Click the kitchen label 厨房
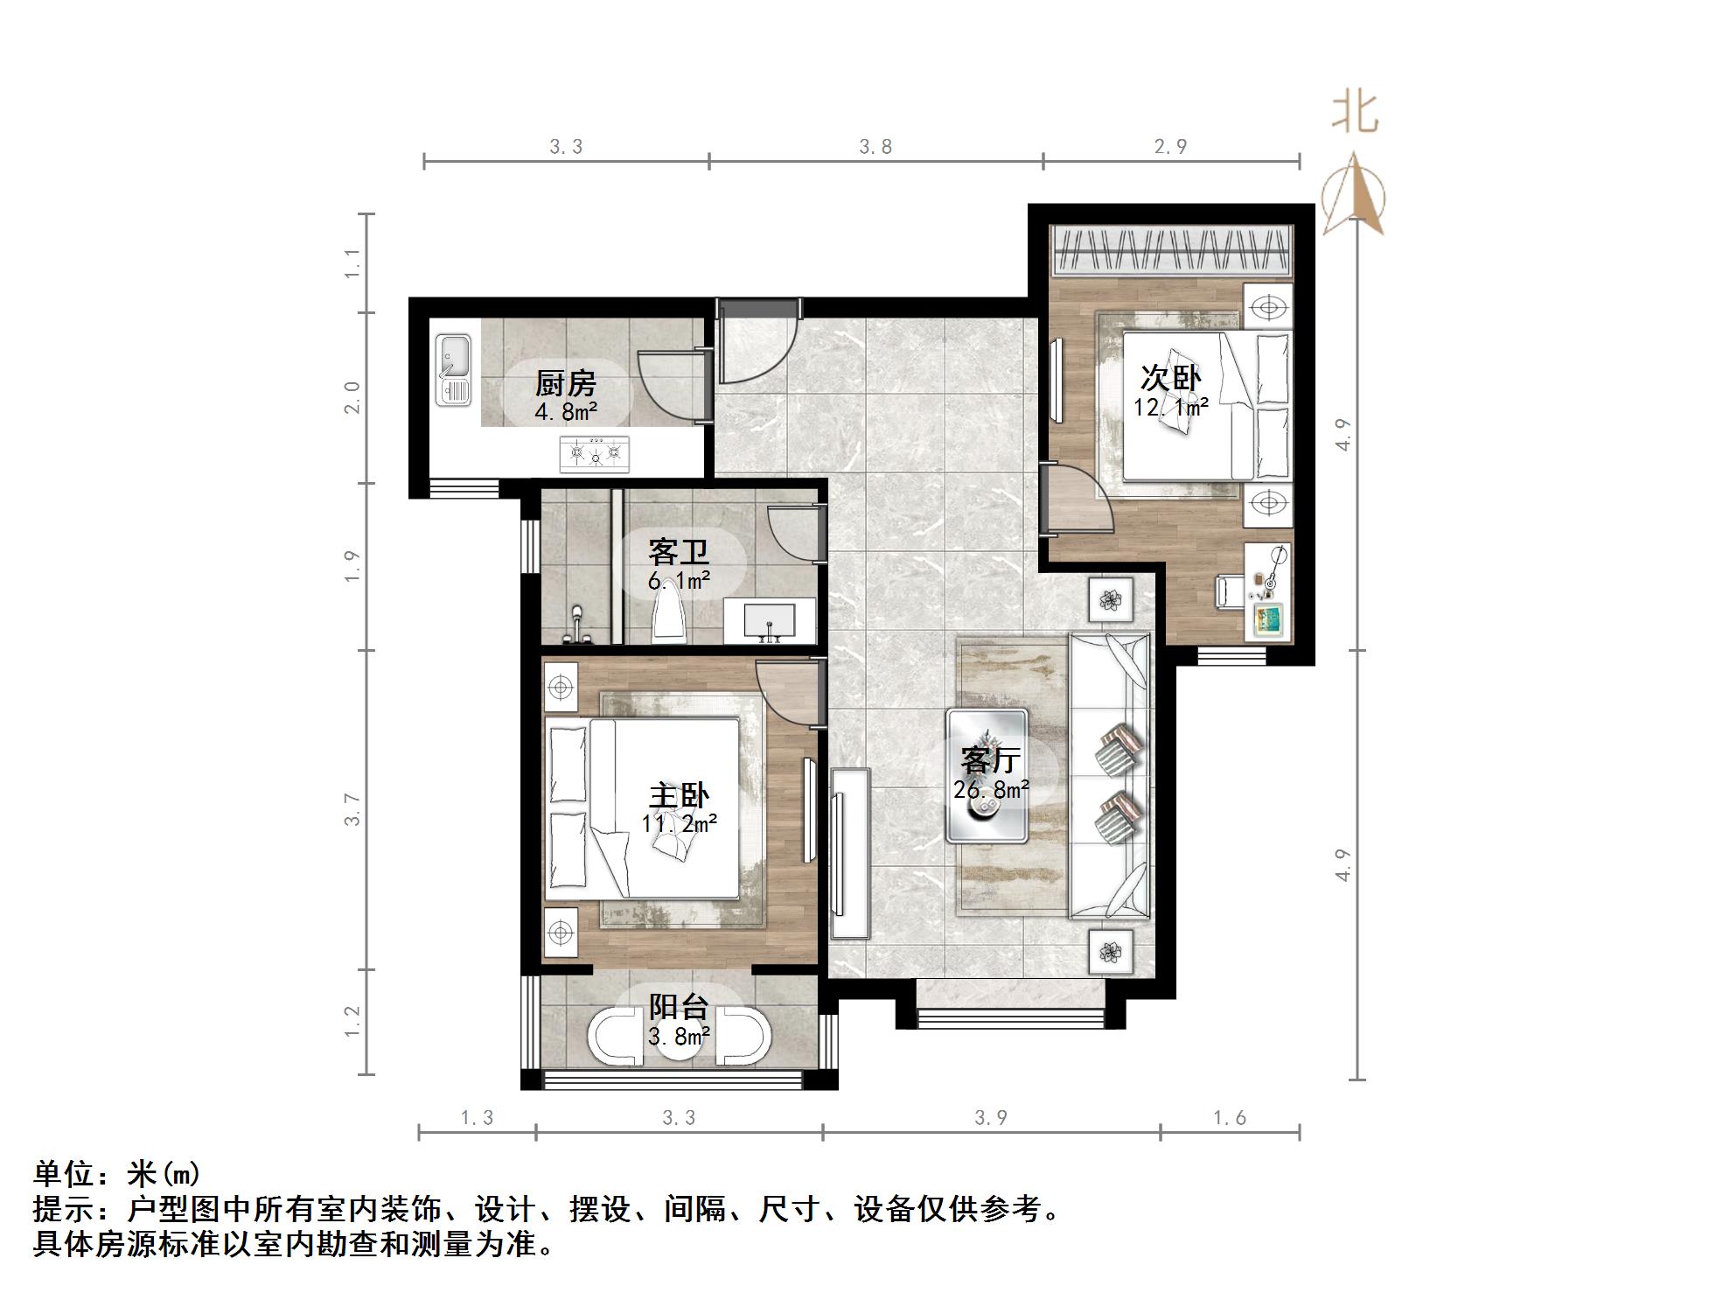pos(565,383)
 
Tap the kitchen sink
pos(453,370)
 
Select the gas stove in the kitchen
pos(595,453)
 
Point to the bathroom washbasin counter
pos(770,620)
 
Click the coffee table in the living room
pos(987,775)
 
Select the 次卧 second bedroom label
pos(1170,378)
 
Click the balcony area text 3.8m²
pos(679,1037)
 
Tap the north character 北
pos(1354,112)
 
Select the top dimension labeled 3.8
pos(875,147)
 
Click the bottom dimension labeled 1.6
pos(1229,1117)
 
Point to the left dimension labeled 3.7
pos(352,809)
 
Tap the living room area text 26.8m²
pos(991,789)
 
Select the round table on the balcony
pos(679,1039)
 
